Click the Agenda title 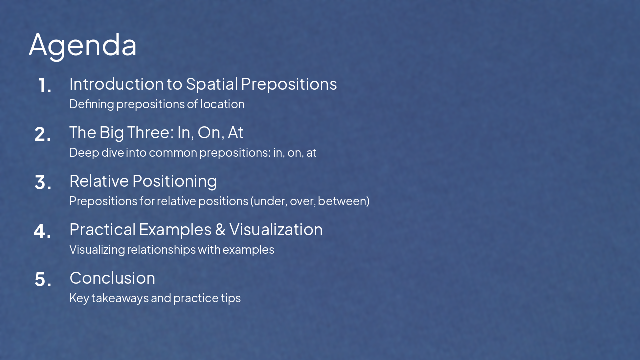[x=83, y=45]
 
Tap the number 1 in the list [x=44, y=86]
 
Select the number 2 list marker [x=43, y=134]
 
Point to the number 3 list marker [x=43, y=183]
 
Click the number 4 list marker [x=42, y=231]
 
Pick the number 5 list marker [x=43, y=280]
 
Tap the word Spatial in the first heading [x=212, y=84]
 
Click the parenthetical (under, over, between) [x=310, y=201]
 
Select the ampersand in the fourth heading [x=220, y=230]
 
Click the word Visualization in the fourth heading [x=276, y=229]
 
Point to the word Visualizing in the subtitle [x=97, y=250]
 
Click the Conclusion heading [x=112, y=278]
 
